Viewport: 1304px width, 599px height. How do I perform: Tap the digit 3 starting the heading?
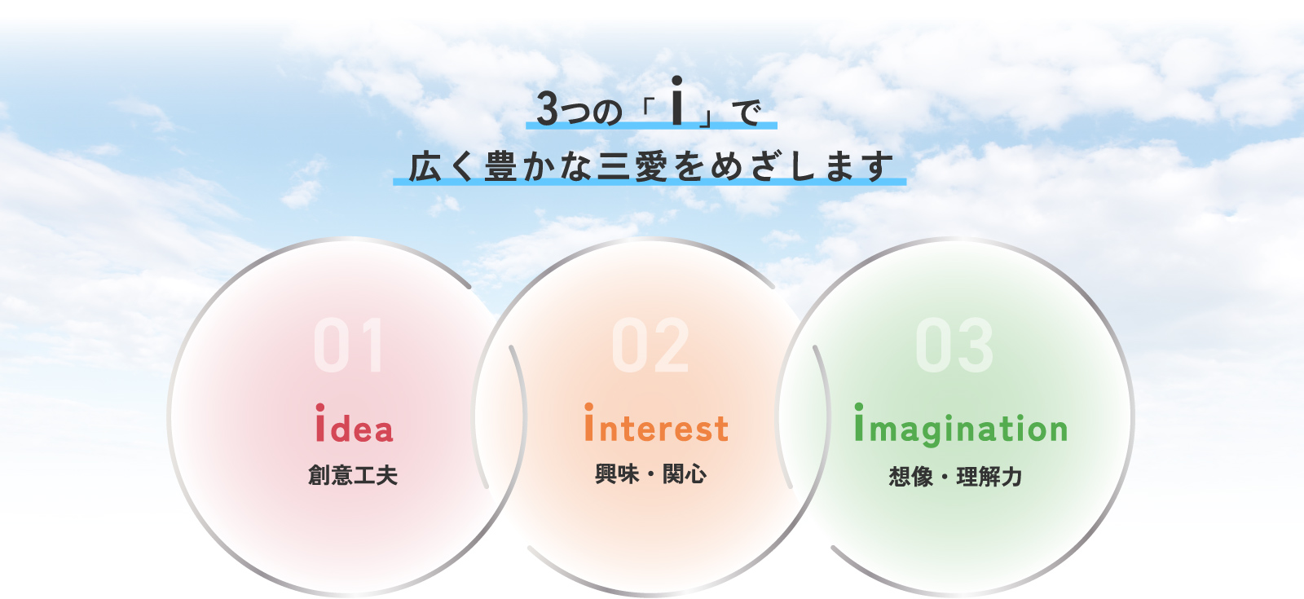coord(547,108)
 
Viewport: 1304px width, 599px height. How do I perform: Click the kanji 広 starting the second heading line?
coord(425,166)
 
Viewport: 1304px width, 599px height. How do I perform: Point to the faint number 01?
coord(350,346)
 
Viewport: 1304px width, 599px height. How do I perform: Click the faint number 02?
coord(650,346)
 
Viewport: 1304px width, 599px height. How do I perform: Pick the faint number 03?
coord(954,346)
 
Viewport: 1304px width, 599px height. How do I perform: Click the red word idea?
coord(355,423)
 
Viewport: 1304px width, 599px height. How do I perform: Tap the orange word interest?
coord(657,423)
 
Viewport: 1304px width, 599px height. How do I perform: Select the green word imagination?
coord(961,425)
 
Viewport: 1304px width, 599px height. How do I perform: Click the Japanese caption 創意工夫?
coord(353,475)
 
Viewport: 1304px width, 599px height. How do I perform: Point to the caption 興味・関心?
coord(651,473)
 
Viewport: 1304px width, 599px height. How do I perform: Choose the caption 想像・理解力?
coord(955,477)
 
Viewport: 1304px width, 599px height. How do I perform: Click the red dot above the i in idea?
coord(320,407)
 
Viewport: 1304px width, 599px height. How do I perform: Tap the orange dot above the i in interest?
coord(589,407)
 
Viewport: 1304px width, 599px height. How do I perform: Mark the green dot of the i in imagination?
coord(859,407)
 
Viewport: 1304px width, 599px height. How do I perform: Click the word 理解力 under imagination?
coord(989,477)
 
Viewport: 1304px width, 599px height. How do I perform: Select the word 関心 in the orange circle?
coord(685,473)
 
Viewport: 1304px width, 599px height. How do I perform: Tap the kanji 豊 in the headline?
coord(500,166)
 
